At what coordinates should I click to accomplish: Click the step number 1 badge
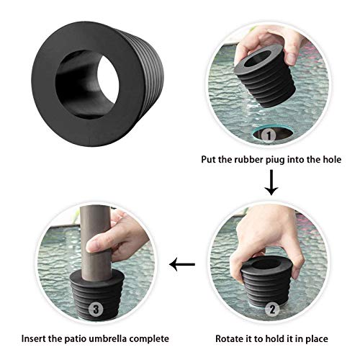pos(269,135)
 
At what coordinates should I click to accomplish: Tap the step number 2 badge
pos(272,310)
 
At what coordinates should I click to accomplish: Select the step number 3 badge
pos(96,309)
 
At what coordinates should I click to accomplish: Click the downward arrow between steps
pos(271,182)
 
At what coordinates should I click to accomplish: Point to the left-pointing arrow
pos(182,264)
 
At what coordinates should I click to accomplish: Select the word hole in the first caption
pos(332,159)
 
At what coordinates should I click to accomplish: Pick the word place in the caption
pos(317,339)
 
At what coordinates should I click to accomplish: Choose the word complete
pos(149,339)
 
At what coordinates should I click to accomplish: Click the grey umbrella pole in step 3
pos(96,243)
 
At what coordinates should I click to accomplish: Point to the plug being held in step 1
pos(266,76)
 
